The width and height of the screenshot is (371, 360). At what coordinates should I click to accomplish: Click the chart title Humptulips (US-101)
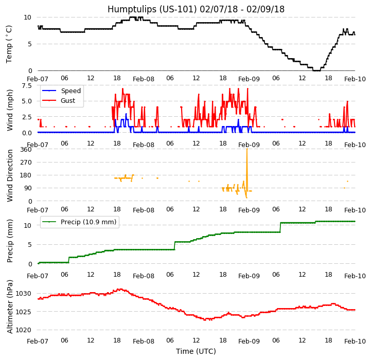[x=196, y=9]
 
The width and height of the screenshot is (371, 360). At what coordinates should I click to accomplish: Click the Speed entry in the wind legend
[x=70, y=91]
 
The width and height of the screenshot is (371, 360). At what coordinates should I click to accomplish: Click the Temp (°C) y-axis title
[x=9, y=44]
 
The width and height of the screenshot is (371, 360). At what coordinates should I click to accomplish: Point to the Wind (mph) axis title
[x=10, y=110]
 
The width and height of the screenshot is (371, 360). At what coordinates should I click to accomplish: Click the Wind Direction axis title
[x=10, y=175]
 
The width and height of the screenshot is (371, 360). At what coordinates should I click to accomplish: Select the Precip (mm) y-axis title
[x=10, y=241]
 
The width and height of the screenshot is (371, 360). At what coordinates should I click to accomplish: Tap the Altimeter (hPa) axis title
[x=10, y=307]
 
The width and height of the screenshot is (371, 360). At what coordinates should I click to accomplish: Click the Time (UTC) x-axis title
[x=196, y=352]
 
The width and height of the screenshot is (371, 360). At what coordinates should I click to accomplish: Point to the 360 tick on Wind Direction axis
[x=26, y=150]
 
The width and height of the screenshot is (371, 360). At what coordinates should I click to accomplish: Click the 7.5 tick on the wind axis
[x=27, y=86]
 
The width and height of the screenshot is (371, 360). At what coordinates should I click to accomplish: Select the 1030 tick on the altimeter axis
[x=24, y=294]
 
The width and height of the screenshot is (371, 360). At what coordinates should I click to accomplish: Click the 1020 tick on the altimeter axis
[x=24, y=330]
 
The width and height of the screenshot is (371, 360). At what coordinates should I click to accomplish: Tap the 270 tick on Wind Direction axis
[x=26, y=163]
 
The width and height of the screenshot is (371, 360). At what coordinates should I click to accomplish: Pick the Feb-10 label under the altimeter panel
[x=355, y=341]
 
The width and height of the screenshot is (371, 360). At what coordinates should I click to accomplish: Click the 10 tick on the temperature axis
[x=28, y=17]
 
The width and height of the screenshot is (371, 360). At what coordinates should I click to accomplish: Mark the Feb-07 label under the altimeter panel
[x=38, y=341]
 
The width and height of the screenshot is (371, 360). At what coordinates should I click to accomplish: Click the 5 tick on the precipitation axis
[x=30, y=245]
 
